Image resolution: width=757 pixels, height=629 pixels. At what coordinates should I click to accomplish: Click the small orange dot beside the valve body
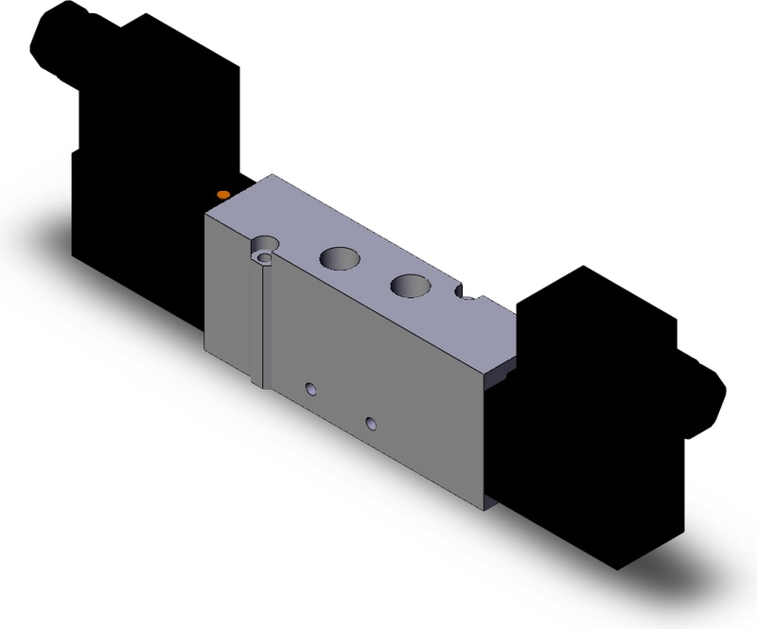coord(222,194)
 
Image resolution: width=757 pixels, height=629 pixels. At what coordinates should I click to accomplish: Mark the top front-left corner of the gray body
coord(206,216)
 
